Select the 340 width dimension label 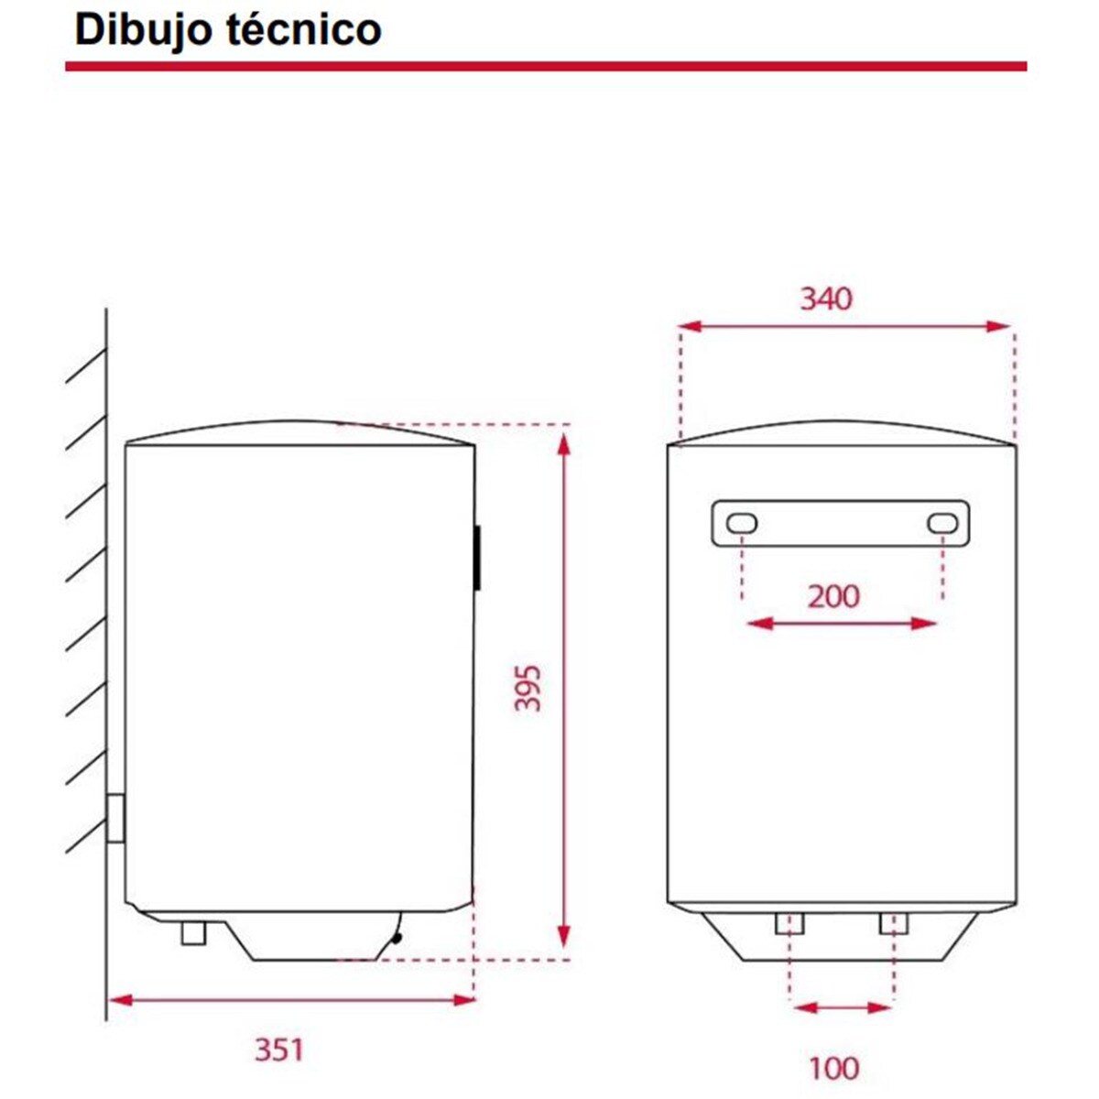pyautogui.click(x=825, y=299)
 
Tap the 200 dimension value pyautogui.click(x=833, y=596)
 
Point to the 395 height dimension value pyautogui.click(x=528, y=689)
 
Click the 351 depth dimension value pyautogui.click(x=278, y=1049)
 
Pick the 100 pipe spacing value pyautogui.click(x=833, y=1068)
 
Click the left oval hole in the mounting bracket pyautogui.click(x=741, y=524)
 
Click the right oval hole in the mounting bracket pyautogui.click(x=942, y=524)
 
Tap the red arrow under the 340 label pyautogui.click(x=844, y=327)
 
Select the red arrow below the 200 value pyautogui.click(x=843, y=625)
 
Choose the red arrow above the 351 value pyautogui.click(x=291, y=999)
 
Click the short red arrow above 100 pyautogui.click(x=843, y=1008)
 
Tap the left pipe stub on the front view pyautogui.click(x=789, y=923)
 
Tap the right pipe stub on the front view pyautogui.click(x=893, y=923)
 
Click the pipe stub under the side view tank pyautogui.click(x=194, y=932)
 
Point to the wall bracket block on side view pyautogui.click(x=115, y=818)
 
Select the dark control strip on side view pyautogui.click(x=478, y=557)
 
